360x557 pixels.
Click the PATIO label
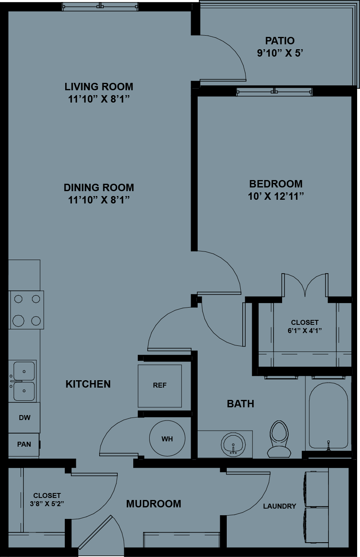[280, 41]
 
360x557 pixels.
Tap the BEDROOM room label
[276, 184]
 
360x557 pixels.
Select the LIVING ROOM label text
[99, 87]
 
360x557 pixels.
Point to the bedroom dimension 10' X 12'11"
[276, 196]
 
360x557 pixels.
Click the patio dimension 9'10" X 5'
[280, 53]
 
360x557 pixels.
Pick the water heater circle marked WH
[167, 438]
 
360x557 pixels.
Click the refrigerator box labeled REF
[159, 386]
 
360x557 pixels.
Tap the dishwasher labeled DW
[24, 418]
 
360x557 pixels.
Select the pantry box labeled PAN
[24, 444]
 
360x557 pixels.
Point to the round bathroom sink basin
[233, 445]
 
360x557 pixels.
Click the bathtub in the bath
[328, 415]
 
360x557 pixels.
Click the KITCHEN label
[88, 384]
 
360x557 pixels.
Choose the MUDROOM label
[153, 504]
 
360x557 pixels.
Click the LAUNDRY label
[279, 506]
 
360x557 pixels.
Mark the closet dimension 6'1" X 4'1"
[305, 330]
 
